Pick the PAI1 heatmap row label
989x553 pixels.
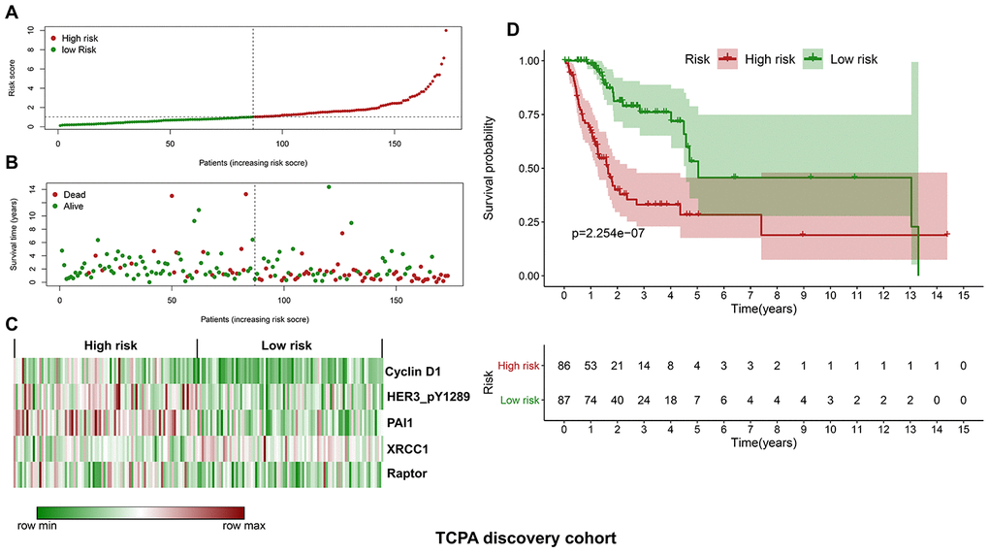coord(399,421)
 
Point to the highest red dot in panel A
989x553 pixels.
coord(446,30)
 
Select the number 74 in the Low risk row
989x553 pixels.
coord(590,400)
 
